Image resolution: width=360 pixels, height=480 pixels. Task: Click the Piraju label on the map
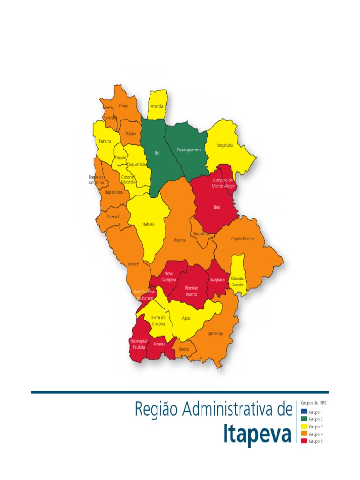pyautogui.click(x=123, y=106)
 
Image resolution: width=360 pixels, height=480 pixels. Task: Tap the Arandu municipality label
pyautogui.click(x=157, y=106)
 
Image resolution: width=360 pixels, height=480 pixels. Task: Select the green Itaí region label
pyautogui.click(x=157, y=153)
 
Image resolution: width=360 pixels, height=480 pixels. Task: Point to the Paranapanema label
pyautogui.click(x=189, y=150)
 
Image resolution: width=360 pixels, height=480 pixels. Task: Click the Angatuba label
pyautogui.click(x=225, y=145)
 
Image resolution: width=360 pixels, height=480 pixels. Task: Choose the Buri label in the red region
pyautogui.click(x=217, y=207)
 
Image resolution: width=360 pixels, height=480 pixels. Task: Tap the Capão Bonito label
pyautogui.click(x=242, y=239)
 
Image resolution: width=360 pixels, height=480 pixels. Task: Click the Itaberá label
pyautogui.click(x=148, y=225)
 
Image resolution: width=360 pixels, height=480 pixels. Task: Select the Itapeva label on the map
pyautogui.click(x=180, y=240)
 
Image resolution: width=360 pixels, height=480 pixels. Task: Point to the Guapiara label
pyautogui.click(x=217, y=280)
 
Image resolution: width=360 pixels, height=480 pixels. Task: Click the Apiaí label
pyautogui.click(x=187, y=318)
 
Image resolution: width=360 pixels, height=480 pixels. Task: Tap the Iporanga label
pyautogui.click(x=216, y=333)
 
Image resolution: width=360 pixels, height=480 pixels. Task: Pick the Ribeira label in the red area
pyautogui.click(x=160, y=344)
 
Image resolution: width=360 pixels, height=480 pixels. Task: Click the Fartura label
pyautogui.click(x=105, y=141)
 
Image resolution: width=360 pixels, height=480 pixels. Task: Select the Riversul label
pyautogui.click(x=113, y=217)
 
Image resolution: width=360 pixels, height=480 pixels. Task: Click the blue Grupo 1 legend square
pyautogui.click(x=304, y=412)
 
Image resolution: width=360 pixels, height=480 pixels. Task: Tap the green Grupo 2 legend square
pyautogui.click(x=304, y=419)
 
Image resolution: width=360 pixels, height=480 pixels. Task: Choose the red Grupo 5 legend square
pyautogui.click(x=304, y=441)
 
